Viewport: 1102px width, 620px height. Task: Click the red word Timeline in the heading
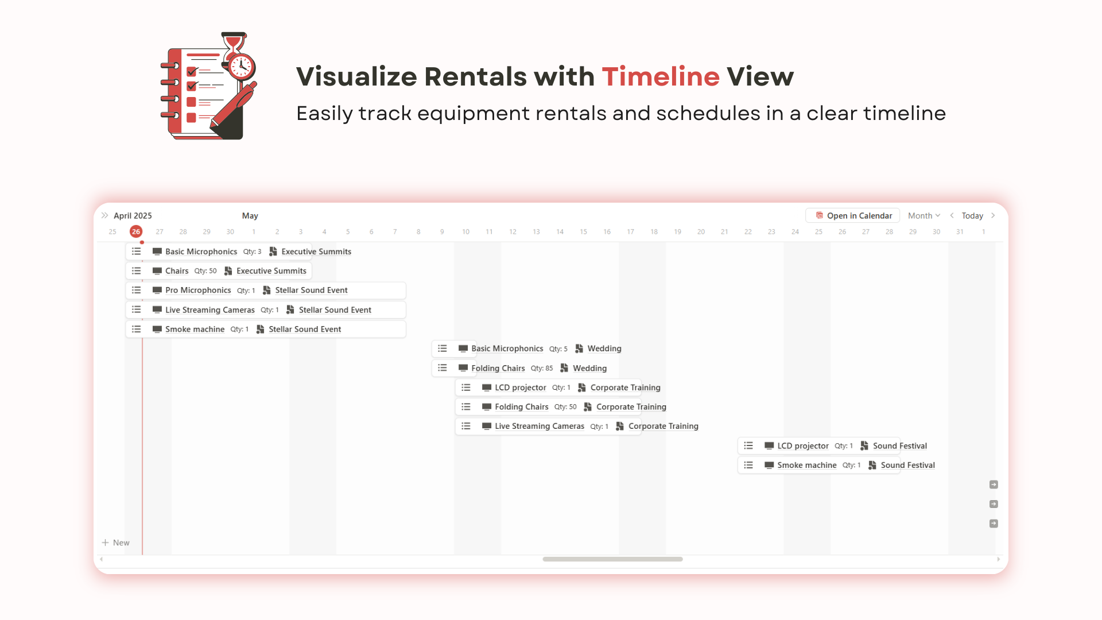[660, 76]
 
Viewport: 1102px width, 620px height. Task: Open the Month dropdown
[923, 216]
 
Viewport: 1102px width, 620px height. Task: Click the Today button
[972, 216]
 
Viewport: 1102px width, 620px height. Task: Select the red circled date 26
[136, 232]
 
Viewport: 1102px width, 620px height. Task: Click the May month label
[250, 216]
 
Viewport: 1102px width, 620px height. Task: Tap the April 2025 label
[133, 216]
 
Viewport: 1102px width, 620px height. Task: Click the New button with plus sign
[116, 542]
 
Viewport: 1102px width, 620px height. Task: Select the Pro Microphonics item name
[198, 290]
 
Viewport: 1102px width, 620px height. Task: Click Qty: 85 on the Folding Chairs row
[541, 369]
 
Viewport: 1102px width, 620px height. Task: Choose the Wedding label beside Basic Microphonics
[604, 348]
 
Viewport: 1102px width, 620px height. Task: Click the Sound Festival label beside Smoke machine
[907, 466]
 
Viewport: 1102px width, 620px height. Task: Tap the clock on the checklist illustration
[242, 66]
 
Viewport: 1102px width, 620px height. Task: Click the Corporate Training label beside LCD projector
[625, 387]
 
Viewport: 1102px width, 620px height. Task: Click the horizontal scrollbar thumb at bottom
[612, 559]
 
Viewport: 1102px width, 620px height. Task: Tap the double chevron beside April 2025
[104, 216]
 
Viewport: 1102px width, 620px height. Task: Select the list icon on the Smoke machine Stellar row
[136, 329]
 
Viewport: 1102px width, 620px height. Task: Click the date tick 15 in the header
[583, 232]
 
